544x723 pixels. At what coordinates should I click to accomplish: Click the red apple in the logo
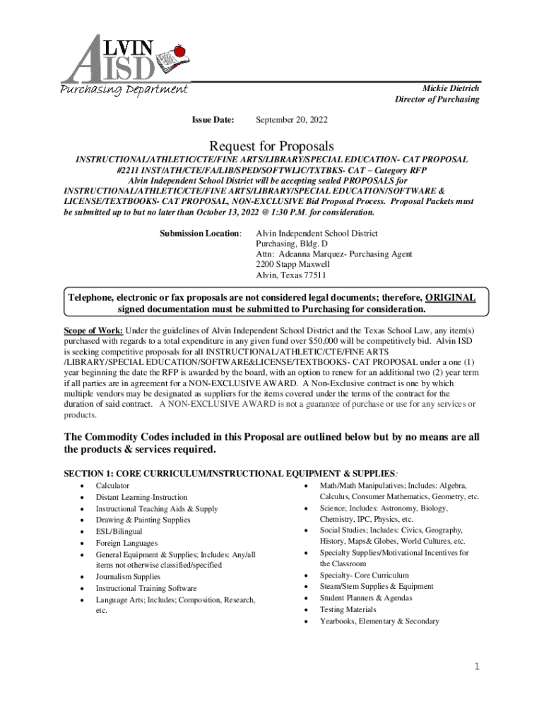pyautogui.click(x=179, y=51)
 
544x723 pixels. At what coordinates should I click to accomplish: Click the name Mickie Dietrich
pyautogui.click(x=450, y=88)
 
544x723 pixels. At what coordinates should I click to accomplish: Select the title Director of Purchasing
pyautogui.click(x=437, y=100)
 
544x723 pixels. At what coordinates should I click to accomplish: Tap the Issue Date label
pyautogui.click(x=213, y=121)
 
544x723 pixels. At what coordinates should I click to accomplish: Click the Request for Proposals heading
pyautogui.click(x=271, y=145)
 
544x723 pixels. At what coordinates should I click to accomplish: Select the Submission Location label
pyautogui.click(x=200, y=233)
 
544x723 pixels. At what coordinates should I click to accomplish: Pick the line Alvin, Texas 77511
pyautogui.click(x=290, y=275)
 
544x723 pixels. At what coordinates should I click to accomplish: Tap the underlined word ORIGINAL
pyautogui.click(x=450, y=298)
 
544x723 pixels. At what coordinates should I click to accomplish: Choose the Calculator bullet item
pyautogui.click(x=112, y=486)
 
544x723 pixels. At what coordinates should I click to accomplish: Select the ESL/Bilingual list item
pyautogui.click(x=119, y=532)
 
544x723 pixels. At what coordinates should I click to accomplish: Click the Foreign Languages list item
pyautogui.click(x=126, y=543)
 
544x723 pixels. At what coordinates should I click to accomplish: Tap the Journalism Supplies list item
pyautogui.click(x=128, y=577)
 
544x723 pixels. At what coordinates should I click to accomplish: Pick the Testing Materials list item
pyautogui.click(x=348, y=609)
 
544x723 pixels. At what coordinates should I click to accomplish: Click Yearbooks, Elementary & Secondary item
pyautogui.click(x=379, y=621)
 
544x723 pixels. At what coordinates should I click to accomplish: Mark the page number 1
pyautogui.click(x=478, y=667)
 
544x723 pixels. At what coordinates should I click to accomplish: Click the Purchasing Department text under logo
pyautogui.click(x=124, y=89)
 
